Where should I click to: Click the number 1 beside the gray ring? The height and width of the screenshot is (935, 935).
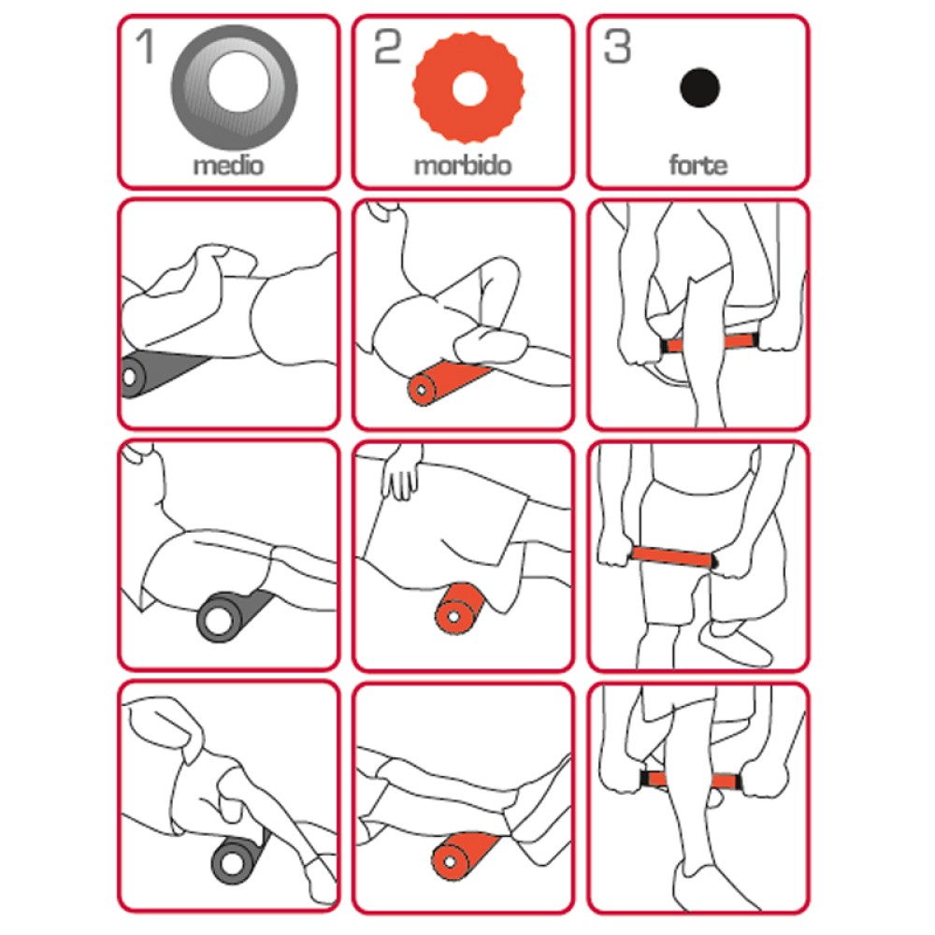tap(146, 47)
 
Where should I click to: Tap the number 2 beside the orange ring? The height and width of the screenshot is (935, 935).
tap(386, 47)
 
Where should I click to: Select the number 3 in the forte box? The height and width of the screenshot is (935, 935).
tap(618, 47)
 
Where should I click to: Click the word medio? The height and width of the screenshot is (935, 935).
tap(228, 167)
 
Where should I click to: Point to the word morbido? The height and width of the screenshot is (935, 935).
tap(463, 167)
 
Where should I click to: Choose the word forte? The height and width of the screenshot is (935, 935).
tap(698, 167)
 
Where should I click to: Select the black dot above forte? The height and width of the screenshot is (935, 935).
tap(699, 89)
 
